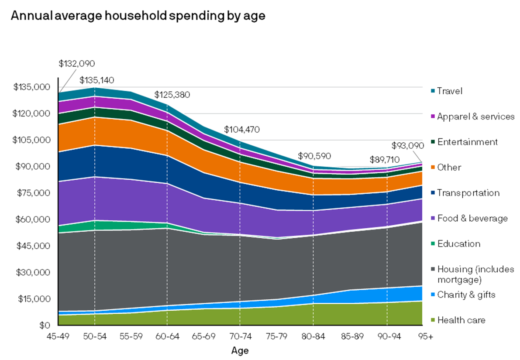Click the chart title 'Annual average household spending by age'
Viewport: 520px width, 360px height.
(138, 16)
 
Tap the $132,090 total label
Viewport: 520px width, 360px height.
(76, 64)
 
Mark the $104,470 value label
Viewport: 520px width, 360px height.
(242, 130)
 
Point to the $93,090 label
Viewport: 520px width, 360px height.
(407, 145)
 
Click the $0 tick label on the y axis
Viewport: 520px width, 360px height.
(43, 326)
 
